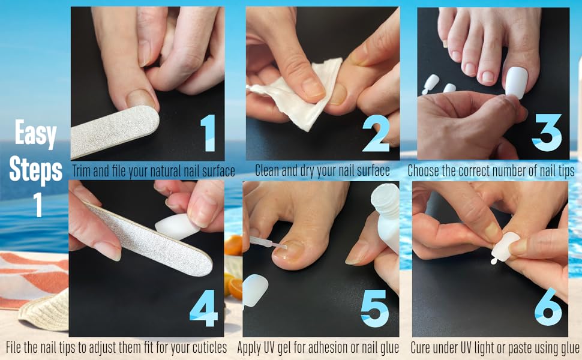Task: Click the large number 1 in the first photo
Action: pyautogui.click(x=208, y=133)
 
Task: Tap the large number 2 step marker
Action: pyautogui.click(x=376, y=133)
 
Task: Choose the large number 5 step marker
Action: pyautogui.click(x=375, y=310)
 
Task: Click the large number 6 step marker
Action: pyautogui.click(x=547, y=310)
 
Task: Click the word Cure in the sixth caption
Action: pyautogui.click(x=422, y=347)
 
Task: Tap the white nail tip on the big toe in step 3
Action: pyautogui.click(x=516, y=82)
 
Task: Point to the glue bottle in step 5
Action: pyautogui.click(x=386, y=216)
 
